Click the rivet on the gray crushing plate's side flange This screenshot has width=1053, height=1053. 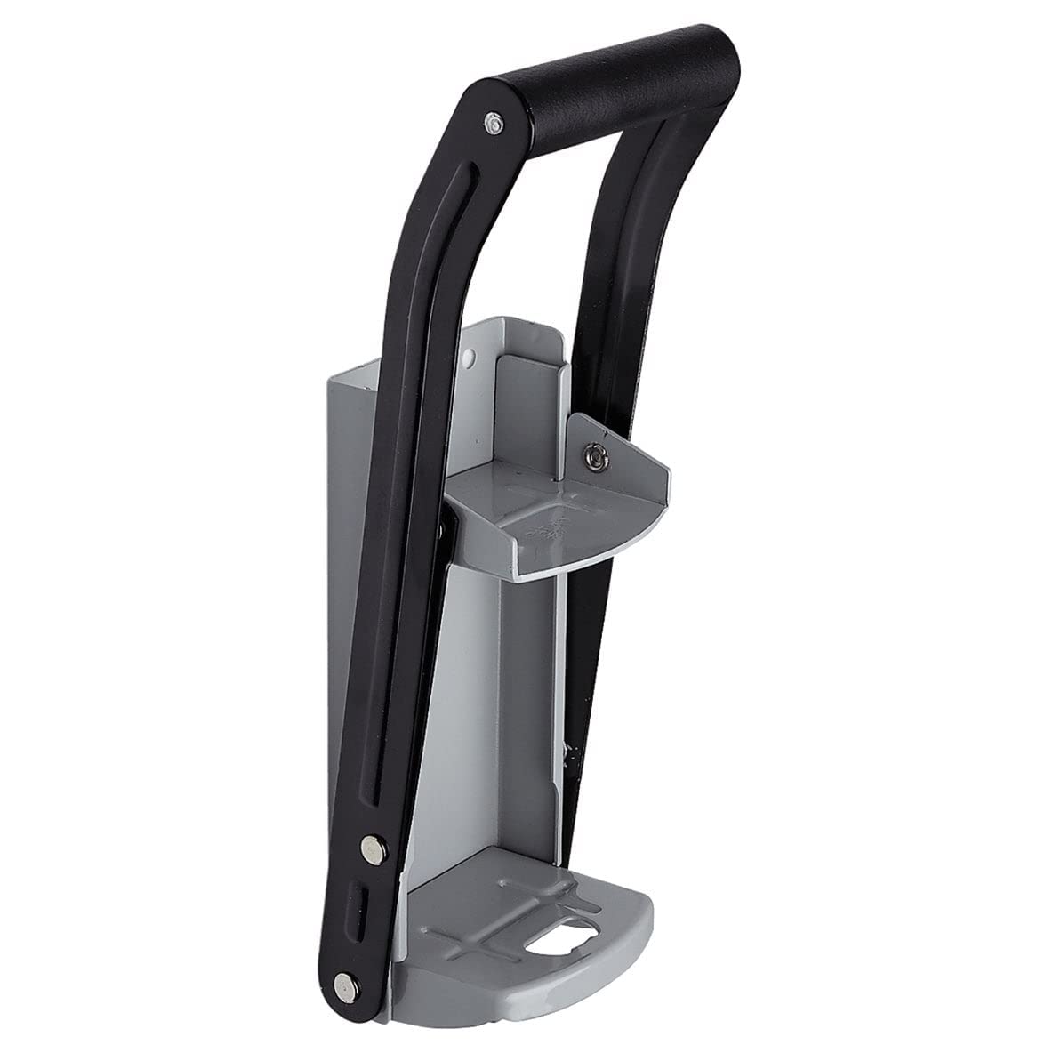pyautogui.click(x=594, y=456)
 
